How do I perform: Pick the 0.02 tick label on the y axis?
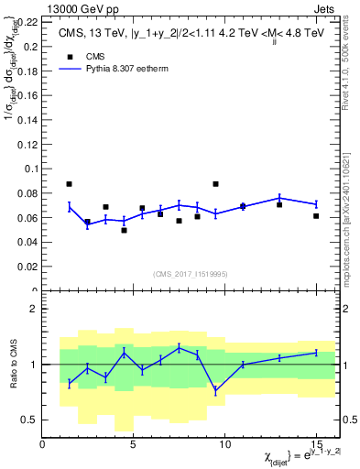pos(27,267)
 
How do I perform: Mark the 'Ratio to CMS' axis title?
pos(12,365)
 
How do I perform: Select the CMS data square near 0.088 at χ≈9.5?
pos(215,183)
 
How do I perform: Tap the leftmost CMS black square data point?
pos(70,183)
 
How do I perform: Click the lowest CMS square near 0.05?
pos(124,230)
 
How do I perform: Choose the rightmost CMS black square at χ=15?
pos(316,216)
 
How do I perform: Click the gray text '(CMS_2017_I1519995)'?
pos(191,273)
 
